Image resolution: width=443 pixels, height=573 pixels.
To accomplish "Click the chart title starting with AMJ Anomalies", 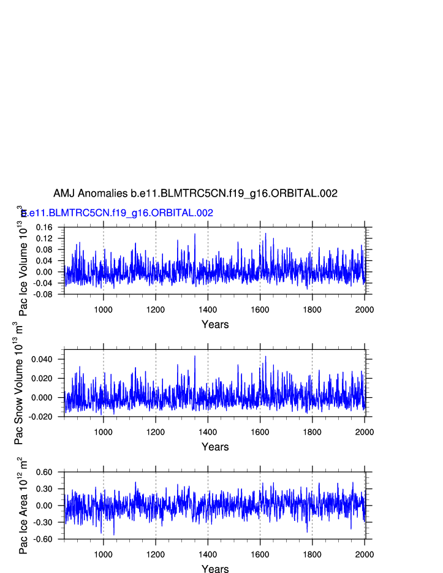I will (x=195, y=194).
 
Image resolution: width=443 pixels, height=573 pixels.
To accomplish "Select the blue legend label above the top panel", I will (x=117, y=213).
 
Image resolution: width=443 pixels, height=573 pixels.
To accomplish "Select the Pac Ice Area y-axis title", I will (x=23, y=506).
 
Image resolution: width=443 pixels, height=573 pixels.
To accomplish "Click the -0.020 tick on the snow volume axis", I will (x=42, y=417).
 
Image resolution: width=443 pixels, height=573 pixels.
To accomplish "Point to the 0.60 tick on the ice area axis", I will (x=45, y=472).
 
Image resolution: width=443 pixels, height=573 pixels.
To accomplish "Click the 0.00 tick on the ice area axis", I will (x=45, y=506).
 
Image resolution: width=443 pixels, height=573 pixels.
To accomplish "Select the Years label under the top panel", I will (x=215, y=324).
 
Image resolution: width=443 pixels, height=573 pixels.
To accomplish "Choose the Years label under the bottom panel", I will (x=215, y=569).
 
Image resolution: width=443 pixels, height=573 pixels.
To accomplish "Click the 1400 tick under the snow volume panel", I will (x=208, y=431).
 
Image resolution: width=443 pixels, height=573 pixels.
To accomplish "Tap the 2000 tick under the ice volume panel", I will (x=365, y=309).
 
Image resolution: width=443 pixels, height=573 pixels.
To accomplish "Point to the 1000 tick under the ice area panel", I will (x=103, y=554).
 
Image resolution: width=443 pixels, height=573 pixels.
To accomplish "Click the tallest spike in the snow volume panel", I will (x=195, y=356).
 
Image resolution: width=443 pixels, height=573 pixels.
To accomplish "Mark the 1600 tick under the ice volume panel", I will (x=260, y=309).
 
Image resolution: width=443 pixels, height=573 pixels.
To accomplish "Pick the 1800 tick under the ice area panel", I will (x=312, y=554).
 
